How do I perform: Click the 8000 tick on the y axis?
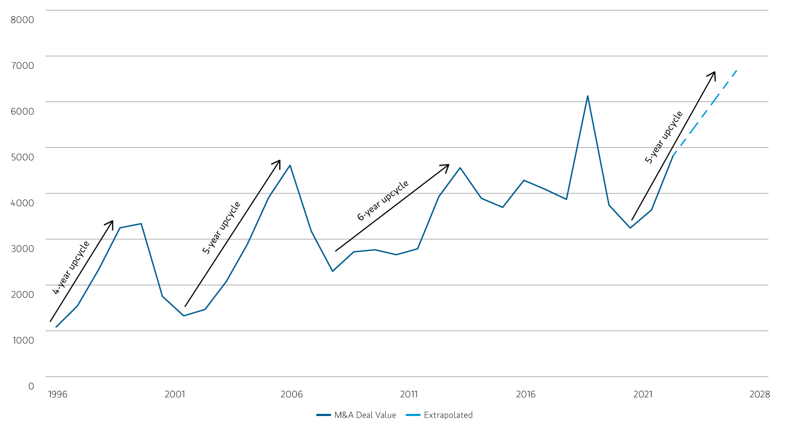[22, 20]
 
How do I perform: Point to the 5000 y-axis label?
[22, 157]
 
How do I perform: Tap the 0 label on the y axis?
[31, 386]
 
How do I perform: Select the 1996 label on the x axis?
[58, 395]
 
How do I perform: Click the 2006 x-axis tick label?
[292, 395]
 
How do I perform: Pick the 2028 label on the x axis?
[760, 395]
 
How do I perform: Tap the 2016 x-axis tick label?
[526, 395]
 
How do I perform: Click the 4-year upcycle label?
[71, 268]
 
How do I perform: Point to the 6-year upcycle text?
[383, 200]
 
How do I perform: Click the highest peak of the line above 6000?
[587, 96]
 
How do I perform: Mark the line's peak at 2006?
[291, 165]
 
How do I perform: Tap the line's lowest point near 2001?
[183, 316]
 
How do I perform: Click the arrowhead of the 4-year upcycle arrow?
[112, 221]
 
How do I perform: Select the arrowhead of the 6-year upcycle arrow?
[448, 165]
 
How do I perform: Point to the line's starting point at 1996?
[56, 327]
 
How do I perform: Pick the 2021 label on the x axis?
[642, 395]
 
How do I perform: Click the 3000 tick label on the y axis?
[22, 248]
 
